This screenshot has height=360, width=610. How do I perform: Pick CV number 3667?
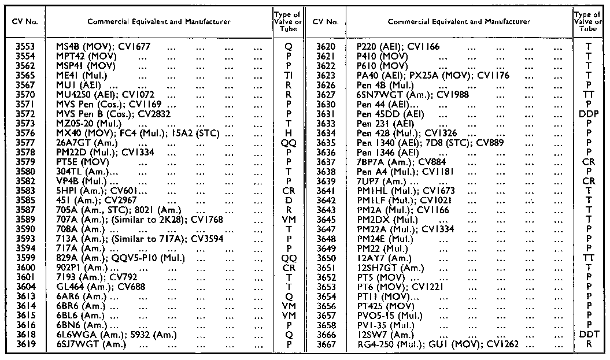tap(325, 344)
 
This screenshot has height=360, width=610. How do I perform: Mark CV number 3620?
tap(325, 45)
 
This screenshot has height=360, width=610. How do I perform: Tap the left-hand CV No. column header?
tap(24, 21)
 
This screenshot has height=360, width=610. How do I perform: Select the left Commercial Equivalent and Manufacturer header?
tap(158, 21)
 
